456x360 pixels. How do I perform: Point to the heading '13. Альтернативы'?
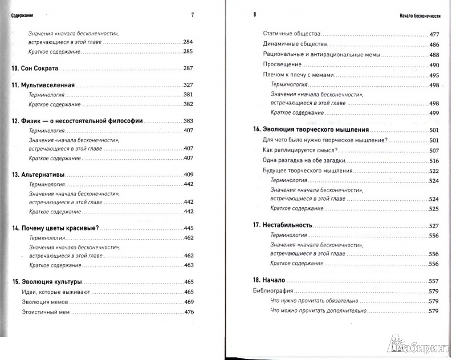click(x=38, y=174)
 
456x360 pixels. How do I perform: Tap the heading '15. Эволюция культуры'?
click(x=47, y=282)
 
